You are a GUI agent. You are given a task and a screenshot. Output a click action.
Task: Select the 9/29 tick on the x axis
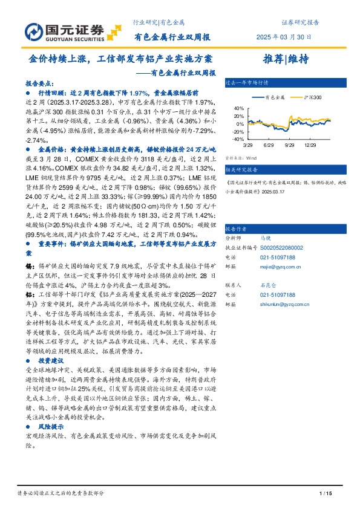click(288, 145)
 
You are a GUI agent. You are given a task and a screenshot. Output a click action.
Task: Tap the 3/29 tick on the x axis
click(247, 145)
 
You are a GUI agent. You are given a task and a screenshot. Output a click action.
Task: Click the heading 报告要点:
click(39, 85)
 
